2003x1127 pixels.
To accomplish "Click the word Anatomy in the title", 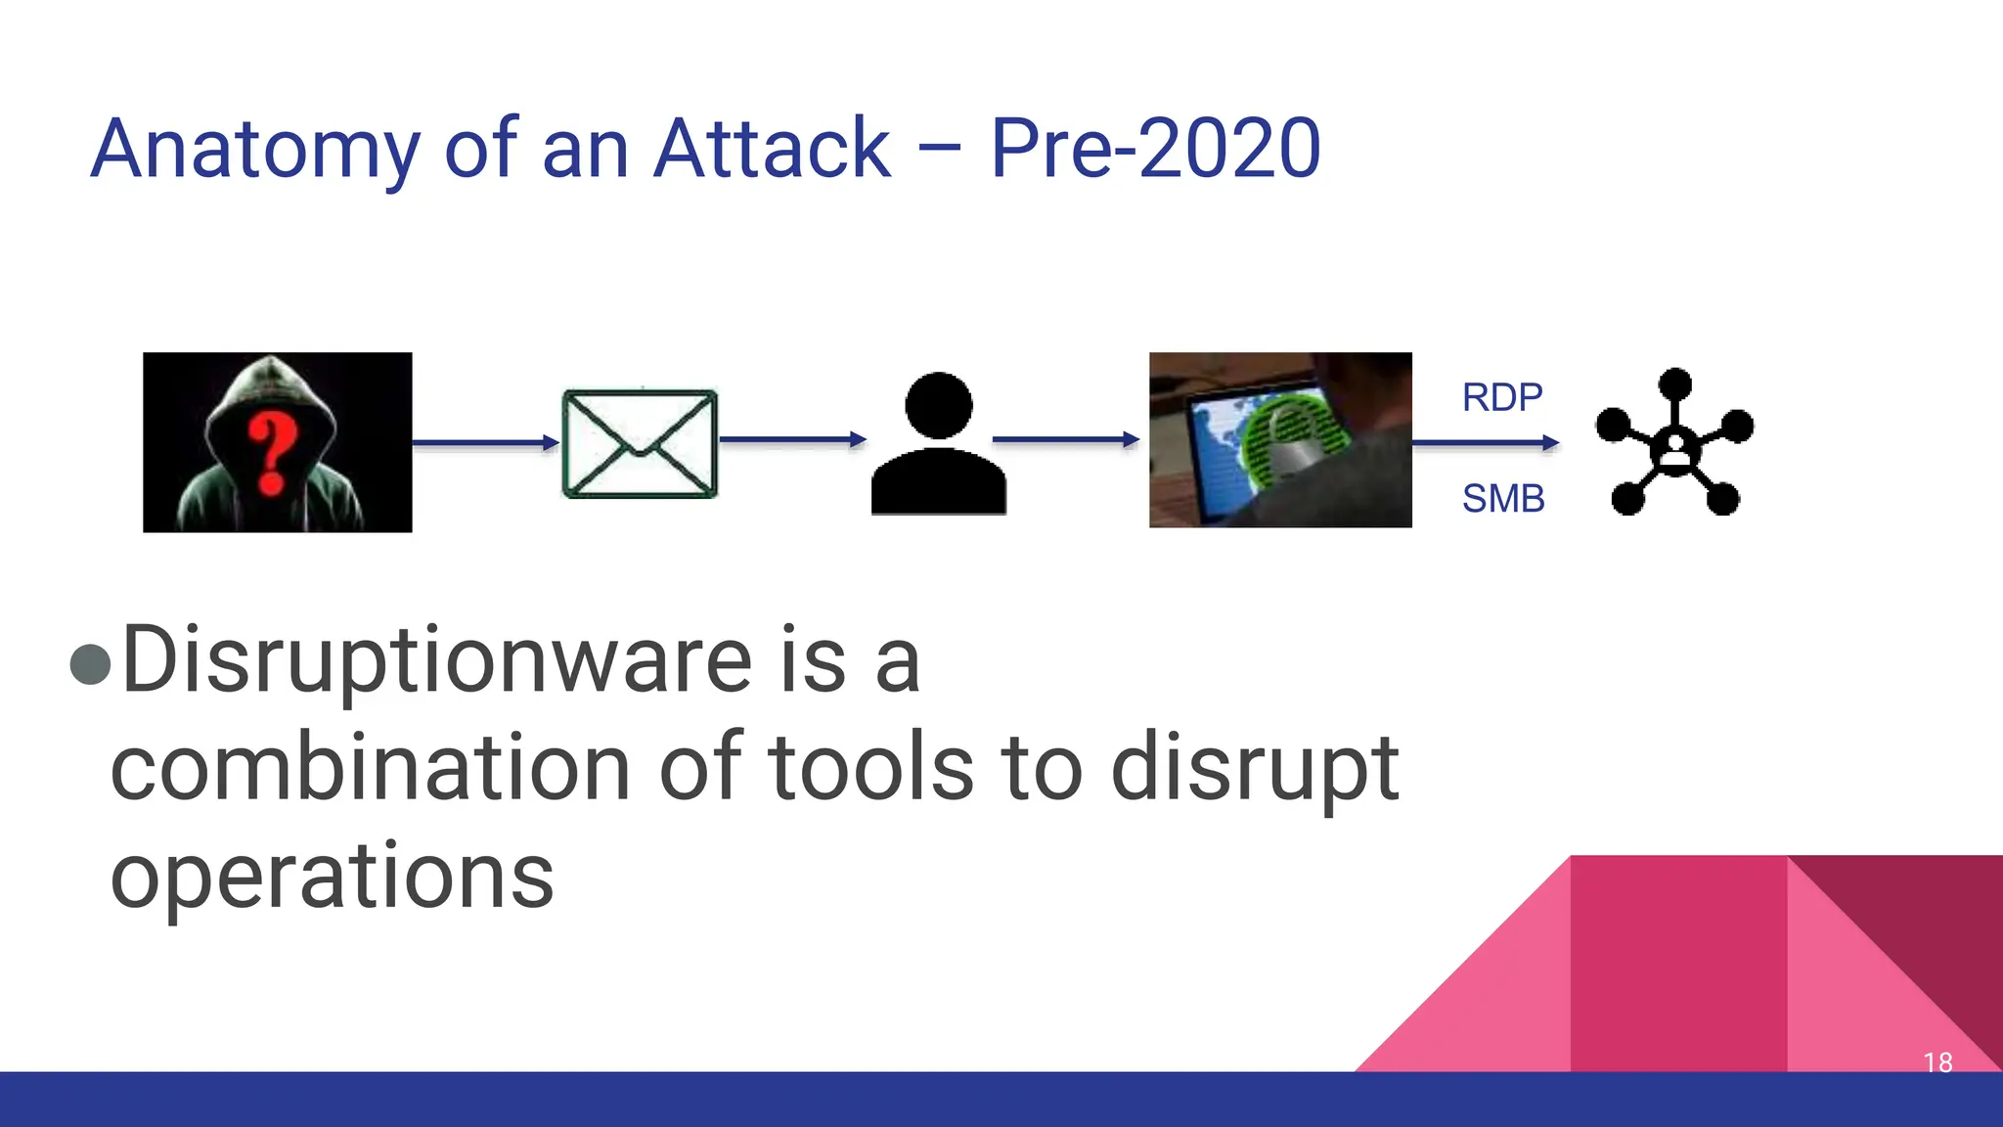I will pos(254,149).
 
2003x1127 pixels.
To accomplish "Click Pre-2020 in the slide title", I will pos(1155,149).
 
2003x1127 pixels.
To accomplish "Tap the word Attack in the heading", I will pos(772,149).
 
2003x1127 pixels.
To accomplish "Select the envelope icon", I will pos(640,443).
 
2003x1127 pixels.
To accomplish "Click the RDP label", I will pos(1501,397).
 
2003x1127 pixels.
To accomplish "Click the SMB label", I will pos(1503,499).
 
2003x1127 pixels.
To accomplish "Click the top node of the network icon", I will pos(1675,383).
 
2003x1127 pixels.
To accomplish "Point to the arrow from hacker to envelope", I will pos(485,443).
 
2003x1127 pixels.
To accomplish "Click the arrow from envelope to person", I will pos(792,439).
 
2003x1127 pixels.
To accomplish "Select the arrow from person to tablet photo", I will pos(1066,439).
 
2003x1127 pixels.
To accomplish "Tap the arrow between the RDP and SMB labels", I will pos(1485,443).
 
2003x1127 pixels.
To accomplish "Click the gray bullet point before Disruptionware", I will pos(91,664).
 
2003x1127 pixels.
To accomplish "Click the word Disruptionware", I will pos(436,661).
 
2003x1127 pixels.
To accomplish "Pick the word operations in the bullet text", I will pos(332,876).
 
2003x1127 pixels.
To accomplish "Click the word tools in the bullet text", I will pos(870,768).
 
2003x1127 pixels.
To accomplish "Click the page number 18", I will pos(1936,1061).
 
